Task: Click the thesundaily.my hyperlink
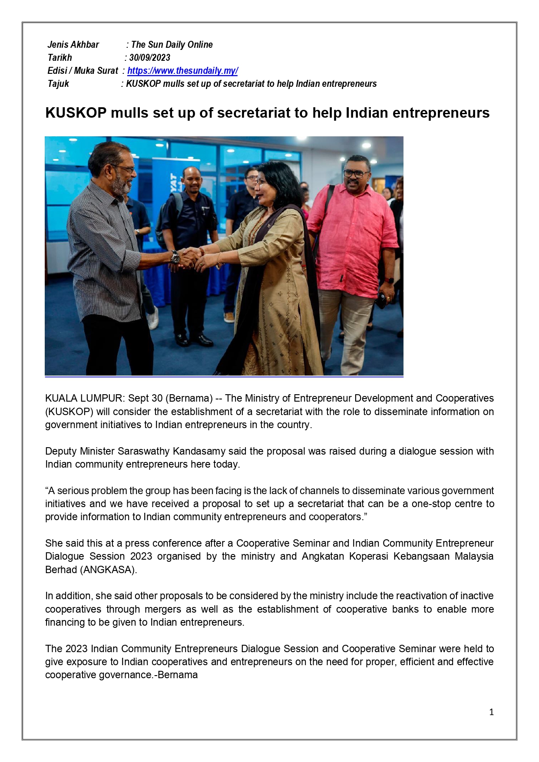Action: tap(182, 71)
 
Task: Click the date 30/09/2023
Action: tap(149, 58)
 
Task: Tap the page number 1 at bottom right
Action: tap(491, 712)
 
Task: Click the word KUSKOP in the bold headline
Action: tap(76, 113)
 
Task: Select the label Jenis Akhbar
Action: tap(73, 45)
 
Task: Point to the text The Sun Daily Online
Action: tap(172, 45)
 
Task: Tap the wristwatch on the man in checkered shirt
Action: tap(175, 257)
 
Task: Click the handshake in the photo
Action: tap(191, 257)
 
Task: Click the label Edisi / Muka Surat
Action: tap(83, 71)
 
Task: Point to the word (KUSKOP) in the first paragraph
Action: tap(69, 412)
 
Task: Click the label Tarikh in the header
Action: tap(60, 58)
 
